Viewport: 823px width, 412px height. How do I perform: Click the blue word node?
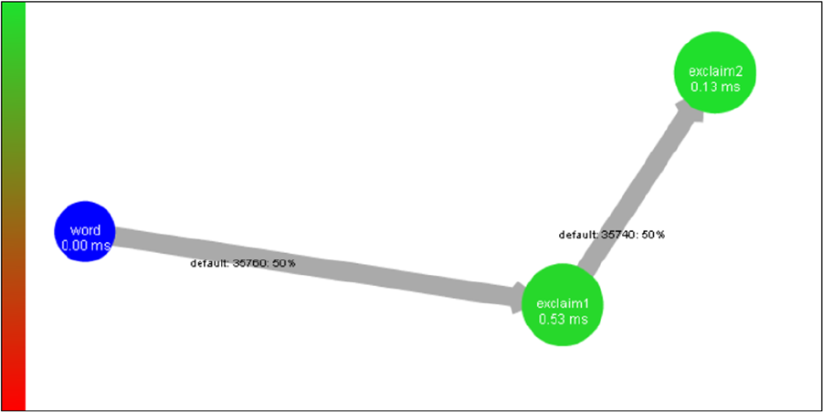[x=85, y=232]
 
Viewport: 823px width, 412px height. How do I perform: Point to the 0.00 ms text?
[x=85, y=246]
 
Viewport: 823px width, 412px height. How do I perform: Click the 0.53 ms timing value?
[x=563, y=320]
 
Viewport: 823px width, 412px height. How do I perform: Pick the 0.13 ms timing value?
[x=714, y=88]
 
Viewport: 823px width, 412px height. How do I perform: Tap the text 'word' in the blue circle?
[x=85, y=230]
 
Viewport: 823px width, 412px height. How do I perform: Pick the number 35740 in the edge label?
[x=617, y=235]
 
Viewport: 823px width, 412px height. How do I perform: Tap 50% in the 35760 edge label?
[x=284, y=264]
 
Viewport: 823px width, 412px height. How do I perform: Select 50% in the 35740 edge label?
[x=653, y=235]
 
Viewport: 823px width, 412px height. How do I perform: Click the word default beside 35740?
[x=577, y=235]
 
